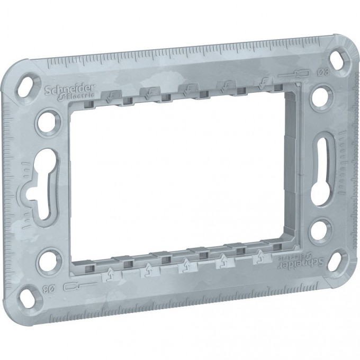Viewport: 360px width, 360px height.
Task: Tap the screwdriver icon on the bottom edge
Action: point(74,288)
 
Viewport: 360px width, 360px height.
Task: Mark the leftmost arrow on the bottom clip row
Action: point(110,274)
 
